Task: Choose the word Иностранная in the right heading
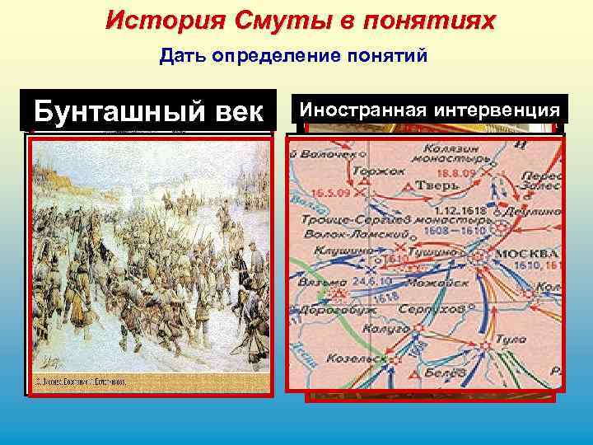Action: [x=363, y=108]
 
